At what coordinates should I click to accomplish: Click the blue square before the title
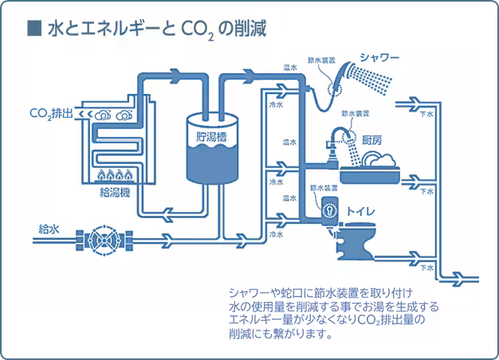(x=33, y=29)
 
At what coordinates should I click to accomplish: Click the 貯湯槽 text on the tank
(x=214, y=136)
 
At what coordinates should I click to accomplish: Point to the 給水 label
(x=49, y=229)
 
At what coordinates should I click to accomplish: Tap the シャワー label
(x=379, y=57)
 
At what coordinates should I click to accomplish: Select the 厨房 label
(x=372, y=140)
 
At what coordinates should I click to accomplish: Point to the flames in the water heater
(x=116, y=173)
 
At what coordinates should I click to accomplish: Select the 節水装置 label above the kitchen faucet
(x=355, y=114)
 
